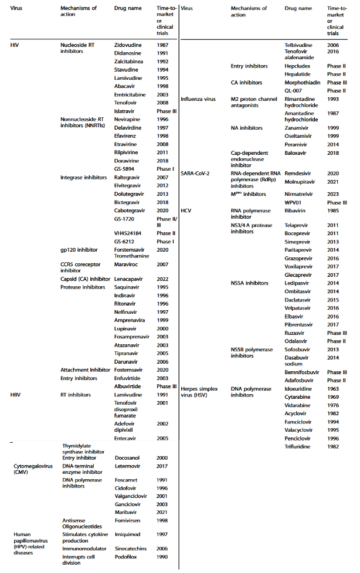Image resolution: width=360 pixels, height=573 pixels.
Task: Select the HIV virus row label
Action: coord(16,45)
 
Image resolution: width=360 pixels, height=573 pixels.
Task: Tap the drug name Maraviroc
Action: coord(125,264)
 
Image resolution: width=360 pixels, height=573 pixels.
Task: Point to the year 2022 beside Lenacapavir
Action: coord(162,279)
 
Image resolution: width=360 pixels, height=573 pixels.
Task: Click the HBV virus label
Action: coord(16,395)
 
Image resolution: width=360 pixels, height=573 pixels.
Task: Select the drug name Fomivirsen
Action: coord(127,520)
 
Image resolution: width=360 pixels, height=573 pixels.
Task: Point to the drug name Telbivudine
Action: coord(298,45)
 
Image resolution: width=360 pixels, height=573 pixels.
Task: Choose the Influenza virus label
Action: coord(198,99)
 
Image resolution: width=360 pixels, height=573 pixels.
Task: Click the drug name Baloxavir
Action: coord(297,152)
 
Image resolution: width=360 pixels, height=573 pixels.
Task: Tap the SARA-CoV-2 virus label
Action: coord(196,174)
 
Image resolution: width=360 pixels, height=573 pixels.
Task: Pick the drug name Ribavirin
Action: coord(297,209)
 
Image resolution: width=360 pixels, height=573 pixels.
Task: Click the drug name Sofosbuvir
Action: coord(298,350)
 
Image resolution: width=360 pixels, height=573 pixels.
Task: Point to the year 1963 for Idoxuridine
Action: coord(333,388)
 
